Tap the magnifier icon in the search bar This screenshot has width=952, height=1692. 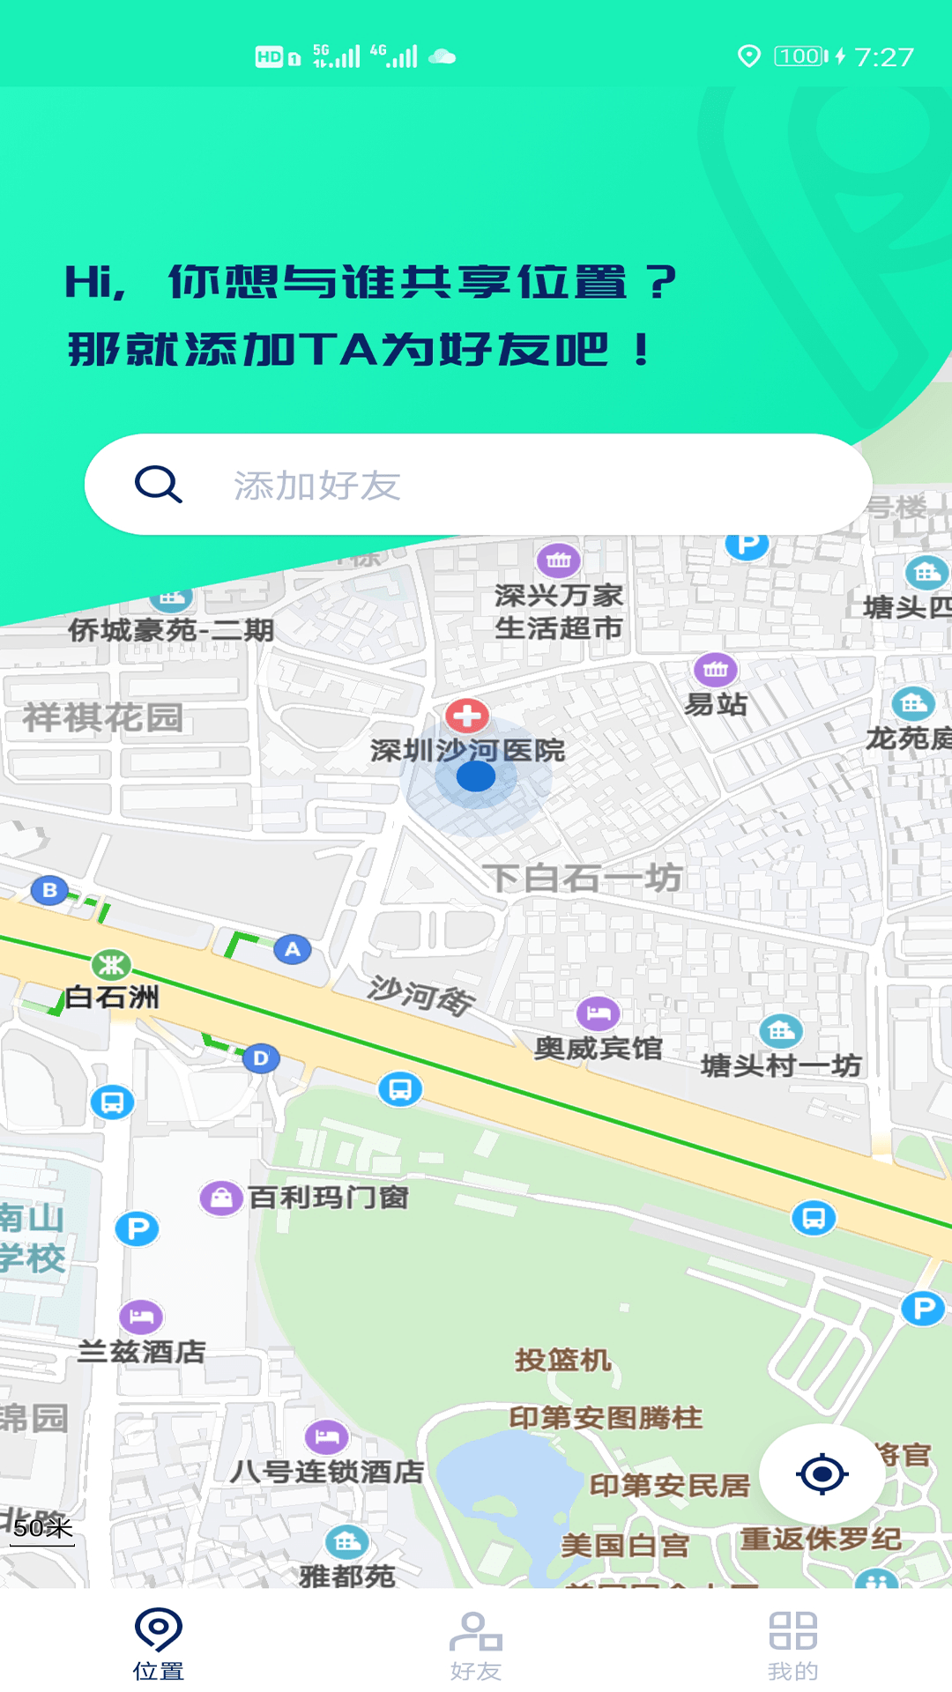(x=159, y=484)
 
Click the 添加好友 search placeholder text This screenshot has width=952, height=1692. (x=317, y=486)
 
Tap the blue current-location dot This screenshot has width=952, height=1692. (x=476, y=776)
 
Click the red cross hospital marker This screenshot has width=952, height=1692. (x=467, y=716)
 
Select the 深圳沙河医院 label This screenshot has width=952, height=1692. (x=467, y=751)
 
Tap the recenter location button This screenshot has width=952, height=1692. (x=822, y=1473)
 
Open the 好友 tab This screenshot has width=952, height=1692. (x=476, y=1644)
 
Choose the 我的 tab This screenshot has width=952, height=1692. (x=793, y=1644)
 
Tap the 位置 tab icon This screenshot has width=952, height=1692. (x=159, y=1630)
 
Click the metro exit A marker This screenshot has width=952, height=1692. (x=293, y=949)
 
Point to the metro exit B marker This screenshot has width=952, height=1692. (x=49, y=890)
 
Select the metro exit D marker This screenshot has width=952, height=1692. (x=261, y=1057)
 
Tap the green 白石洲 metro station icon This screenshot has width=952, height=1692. (x=111, y=965)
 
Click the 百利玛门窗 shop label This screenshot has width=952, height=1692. (x=328, y=1198)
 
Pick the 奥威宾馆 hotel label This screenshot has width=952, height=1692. (x=598, y=1049)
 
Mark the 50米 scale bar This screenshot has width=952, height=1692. (x=43, y=1530)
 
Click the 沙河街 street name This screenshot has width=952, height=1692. (x=420, y=996)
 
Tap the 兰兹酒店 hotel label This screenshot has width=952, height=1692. (x=142, y=1352)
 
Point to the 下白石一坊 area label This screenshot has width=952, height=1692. (x=582, y=878)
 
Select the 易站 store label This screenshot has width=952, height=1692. (x=716, y=705)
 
